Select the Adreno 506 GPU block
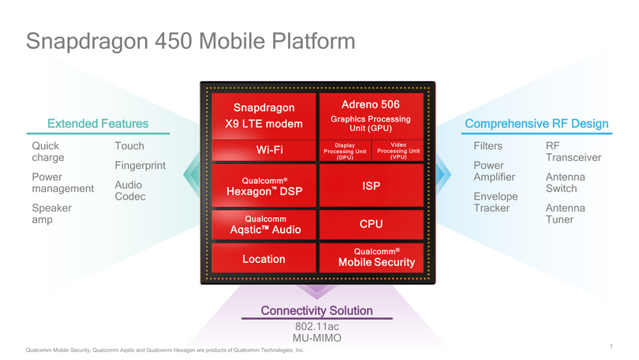tap(370, 115)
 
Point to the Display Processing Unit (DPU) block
tap(344, 151)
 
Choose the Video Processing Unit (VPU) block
tap(398, 151)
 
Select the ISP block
tap(371, 186)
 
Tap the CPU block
tap(371, 224)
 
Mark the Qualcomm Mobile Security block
tap(371, 257)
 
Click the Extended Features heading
tap(98, 124)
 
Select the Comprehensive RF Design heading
tap(536, 124)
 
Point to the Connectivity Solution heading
tap(317, 311)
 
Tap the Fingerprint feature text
tap(140, 166)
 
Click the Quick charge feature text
tap(47, 152)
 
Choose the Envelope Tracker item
tap(495, 202)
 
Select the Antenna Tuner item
tap(565, 213)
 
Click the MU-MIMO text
tap(316, 339)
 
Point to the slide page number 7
tap(611, 347)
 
